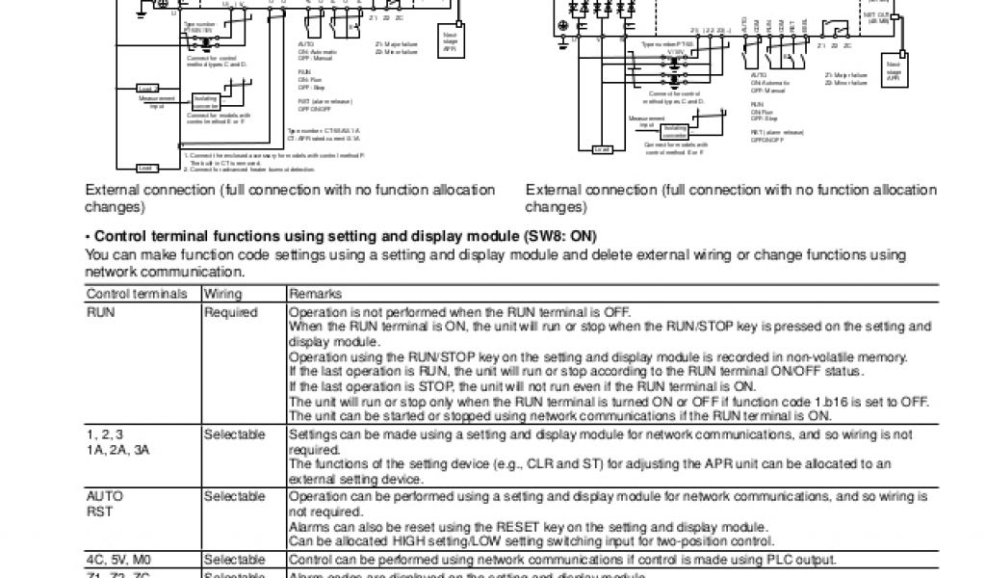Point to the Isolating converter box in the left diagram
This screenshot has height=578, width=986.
(206, 101)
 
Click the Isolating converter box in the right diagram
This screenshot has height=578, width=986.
(675, 130)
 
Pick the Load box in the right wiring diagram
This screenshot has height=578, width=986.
(603, 149)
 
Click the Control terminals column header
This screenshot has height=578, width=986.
(137, 293)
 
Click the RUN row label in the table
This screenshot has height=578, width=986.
(100, 312)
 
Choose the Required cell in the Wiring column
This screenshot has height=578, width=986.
(230, 312)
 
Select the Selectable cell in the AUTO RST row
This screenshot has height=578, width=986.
(234, 496)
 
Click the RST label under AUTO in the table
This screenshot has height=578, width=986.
(99, 512)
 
